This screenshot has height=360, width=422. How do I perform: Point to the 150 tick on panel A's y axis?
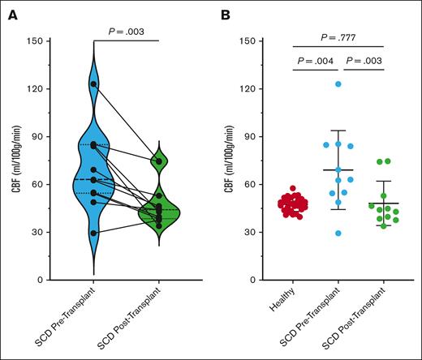click(33, 41)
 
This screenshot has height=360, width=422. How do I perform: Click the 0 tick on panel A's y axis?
click(38, 280)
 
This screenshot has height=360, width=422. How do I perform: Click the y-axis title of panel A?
click(11, 161)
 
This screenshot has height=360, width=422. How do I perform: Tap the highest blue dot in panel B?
click(338, 84)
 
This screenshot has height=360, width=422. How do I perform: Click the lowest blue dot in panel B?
click(338, 234)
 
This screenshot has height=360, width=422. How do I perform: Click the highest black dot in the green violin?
click(159, 161)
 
